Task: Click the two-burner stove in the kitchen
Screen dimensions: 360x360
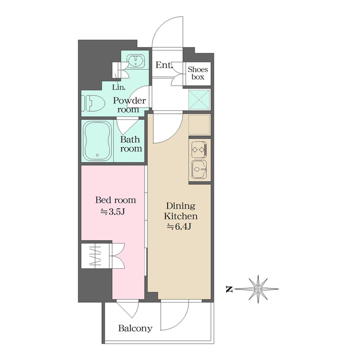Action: click(x=199, y=150)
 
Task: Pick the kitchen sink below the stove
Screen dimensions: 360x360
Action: click(x=199, y=169)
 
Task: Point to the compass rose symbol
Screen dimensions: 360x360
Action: click(x=258, y=289)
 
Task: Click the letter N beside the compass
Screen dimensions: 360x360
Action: click(x=229, y=290)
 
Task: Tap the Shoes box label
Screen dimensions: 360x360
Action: click(x=198, y=73)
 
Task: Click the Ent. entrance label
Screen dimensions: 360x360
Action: click(x=164, y=65)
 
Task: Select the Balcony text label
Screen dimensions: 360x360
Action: click(x=135, y=328)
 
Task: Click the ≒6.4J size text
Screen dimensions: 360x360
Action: click(x=181, y=227)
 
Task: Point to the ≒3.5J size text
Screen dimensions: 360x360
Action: click(x=114, y=211)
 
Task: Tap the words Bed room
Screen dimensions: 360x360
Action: click(x=115, y=200)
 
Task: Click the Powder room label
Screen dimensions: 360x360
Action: click(x=129, y=105)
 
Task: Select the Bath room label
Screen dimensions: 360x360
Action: click(x=131, y=144)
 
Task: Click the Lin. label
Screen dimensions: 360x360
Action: click(x=119, y=87)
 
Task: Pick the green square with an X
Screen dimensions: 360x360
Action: click(x=200, y=100)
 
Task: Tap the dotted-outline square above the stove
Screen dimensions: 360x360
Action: click(x=200, y=124)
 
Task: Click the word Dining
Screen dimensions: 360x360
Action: click(x=181, y=205)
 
